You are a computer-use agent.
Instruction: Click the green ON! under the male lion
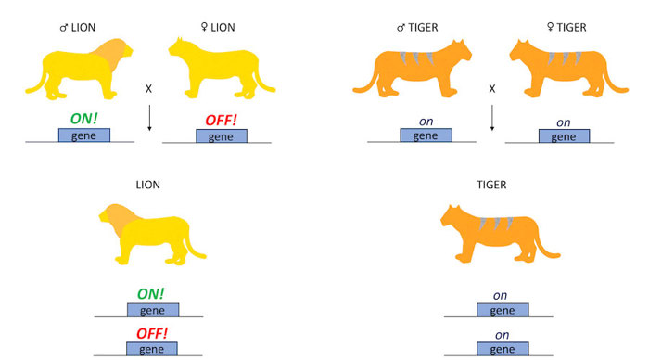(x=84, y=119)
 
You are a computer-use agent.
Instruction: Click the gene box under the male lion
(x=84, y=135)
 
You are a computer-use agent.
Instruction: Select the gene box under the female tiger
(x=563, y=135)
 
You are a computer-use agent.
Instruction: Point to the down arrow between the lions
(x=150, y=117)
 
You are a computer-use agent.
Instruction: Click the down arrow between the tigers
(x=492, y=117)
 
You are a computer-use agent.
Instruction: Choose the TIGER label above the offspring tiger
(x=491, y=185)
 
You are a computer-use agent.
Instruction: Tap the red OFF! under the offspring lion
(x=153, y=331)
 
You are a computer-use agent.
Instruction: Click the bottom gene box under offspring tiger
(x=502, y=348)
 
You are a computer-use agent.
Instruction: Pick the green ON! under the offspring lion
(x=153, y=294)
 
